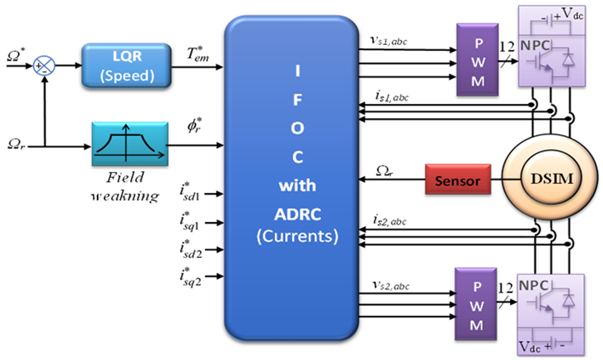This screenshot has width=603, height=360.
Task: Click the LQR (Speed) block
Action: pos(122,66)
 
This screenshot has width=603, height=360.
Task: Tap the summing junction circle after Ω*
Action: pos(43,65)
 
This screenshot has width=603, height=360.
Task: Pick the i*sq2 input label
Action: pos(190,277)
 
